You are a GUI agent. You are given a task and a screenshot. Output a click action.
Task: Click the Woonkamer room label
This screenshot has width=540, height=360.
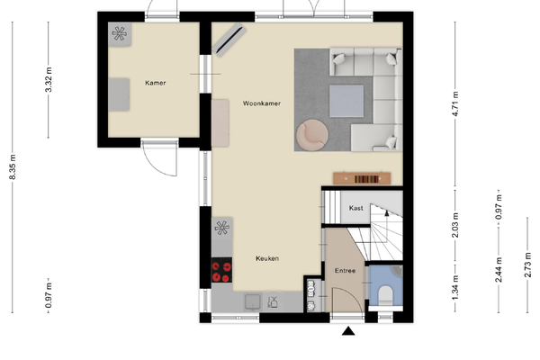pyautogui.click(x=262, y=103)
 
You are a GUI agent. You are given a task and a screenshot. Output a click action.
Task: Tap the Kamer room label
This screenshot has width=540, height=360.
pyautogui.click(x=156, y=83)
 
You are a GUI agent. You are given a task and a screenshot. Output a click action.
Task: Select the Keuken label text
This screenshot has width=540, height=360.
pyautogui.click(x=267, y=258)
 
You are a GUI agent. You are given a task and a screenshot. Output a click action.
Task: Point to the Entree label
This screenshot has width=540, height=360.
pyautogui.click(x=345, y=271)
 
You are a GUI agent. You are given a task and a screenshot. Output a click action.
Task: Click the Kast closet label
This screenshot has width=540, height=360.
pyautogui.click(x=355, y=208)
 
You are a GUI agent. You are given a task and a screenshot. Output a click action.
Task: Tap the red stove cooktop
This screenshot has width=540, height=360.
pyautogui.click(x=221, y=270)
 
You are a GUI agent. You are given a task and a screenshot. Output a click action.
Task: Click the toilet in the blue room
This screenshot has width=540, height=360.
pyautogui.click(x=386, y=295)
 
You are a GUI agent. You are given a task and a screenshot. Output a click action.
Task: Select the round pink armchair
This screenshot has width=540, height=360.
pyautogui.click(x=312, y=135)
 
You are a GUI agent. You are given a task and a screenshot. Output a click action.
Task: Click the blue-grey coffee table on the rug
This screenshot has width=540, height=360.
pyautogui.click(x=346, y=101)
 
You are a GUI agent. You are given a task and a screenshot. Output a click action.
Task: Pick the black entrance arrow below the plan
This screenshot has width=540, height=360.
pyautogui.click(x=348, y=331)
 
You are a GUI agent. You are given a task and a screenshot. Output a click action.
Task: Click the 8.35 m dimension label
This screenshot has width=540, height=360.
pyautogui.click(x=13, y=167)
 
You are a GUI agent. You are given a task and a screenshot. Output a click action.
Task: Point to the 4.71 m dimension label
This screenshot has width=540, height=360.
pyautogui.click(x=455, y=103)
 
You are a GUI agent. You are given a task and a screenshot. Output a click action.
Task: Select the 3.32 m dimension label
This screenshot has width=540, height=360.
pyautogui.click(x=49, y=79)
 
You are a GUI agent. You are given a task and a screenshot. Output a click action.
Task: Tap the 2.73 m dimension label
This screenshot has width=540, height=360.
pyautogui.click(x=527, y=265)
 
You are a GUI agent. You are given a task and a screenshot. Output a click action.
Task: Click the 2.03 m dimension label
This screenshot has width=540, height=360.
pyautogui.click(x=455, y=225)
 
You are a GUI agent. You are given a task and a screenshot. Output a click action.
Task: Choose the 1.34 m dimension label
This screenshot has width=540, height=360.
pyautogui.click(x=455, y=287)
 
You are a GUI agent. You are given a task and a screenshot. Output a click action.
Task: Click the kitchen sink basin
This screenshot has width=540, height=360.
pyautogui.click(x=252, y=301)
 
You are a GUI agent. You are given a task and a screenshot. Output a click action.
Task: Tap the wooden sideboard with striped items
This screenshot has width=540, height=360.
pyautogui.click(x=362, y=178)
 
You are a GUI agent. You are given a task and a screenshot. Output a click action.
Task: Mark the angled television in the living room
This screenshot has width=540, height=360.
pyautogui.click(x=229, y=40)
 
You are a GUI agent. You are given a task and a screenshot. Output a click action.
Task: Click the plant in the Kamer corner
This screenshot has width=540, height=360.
pyautogui.click(x=120, y=34)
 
